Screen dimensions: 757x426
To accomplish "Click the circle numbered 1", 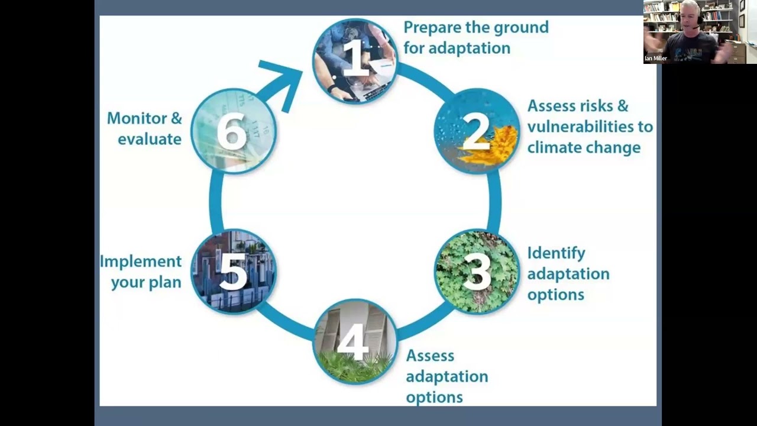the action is (x=355, y=60).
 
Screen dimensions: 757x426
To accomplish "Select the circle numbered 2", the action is (x=477, y=131).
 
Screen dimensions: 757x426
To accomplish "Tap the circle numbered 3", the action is (x=477, y=272).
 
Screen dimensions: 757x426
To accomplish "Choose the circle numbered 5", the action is (x=234, y=272).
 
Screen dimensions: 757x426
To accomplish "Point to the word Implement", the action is (x=140, y=261).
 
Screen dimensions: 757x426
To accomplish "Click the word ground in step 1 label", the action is (x=520, y=27).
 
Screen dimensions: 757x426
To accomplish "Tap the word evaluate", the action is (x=149, y=139).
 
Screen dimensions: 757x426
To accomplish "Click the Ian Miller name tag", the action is (x=656, y=59).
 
